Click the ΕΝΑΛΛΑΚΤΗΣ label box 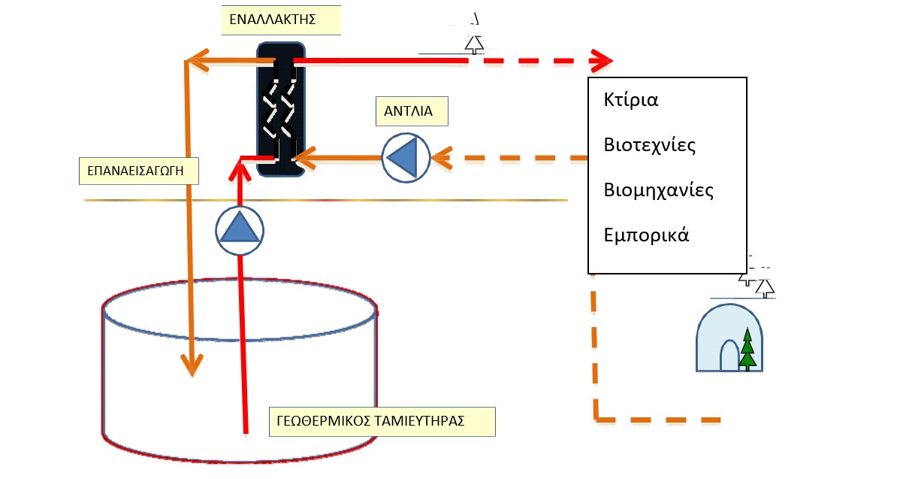280,20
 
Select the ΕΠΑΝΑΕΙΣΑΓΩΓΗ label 140,171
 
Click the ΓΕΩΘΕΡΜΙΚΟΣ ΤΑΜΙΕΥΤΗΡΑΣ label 382,422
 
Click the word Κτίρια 631,100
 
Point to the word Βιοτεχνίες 650,145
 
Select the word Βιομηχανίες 658,189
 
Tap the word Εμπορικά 646,235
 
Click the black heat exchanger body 280,109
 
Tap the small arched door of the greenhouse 729,356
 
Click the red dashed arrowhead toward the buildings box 602,59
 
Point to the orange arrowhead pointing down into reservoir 193,365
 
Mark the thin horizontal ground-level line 325,200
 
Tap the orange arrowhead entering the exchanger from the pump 303,158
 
